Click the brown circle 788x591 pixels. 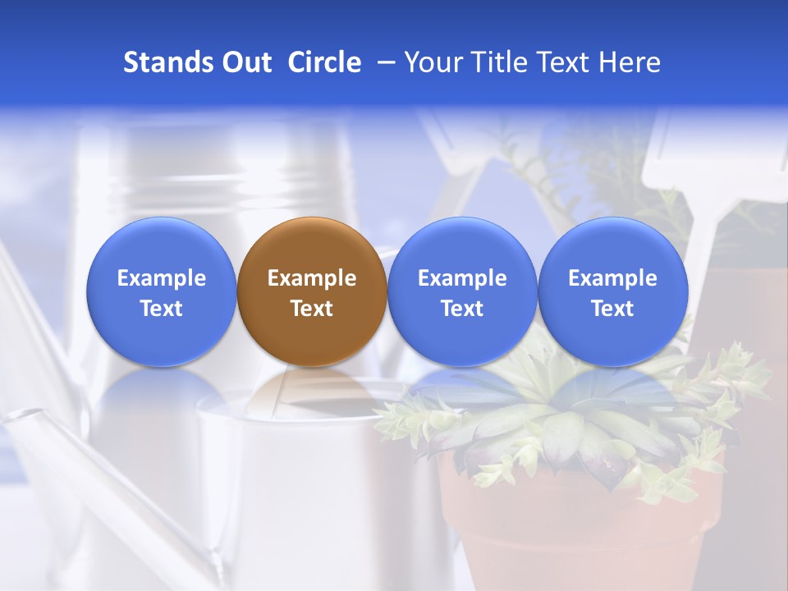[x=312, y=291]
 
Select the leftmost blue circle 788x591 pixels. [x=162, y=291]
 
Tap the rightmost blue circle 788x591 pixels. [x=612, y=291]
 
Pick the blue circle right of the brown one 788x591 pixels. [x=462, y=291]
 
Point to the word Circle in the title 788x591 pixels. [x=324, y=62]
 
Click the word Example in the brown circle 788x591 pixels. [x=312, y=278]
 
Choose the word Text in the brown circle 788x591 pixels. [x=312, y=309]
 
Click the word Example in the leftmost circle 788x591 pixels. [x=162, y=278]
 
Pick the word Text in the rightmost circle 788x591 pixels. [x=612, y=309]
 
